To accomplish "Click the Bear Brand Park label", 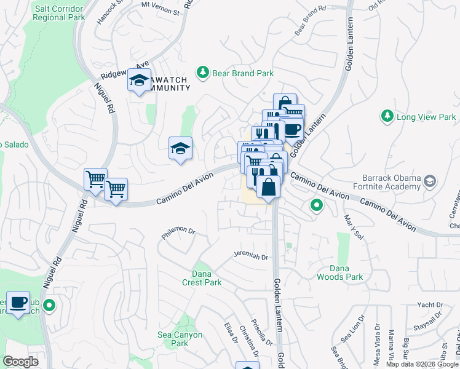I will [243, 73].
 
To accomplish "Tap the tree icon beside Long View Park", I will [387, 116].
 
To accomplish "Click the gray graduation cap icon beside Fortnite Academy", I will [429, 181].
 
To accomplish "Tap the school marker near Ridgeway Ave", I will [140, 80].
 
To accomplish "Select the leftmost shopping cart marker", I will [95, 180].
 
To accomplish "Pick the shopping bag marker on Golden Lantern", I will [269, 186].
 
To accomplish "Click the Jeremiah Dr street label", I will [252, 257].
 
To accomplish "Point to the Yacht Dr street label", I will [430, 304].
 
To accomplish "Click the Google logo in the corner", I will [20, 362].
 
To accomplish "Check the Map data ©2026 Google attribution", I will [422, 364].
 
